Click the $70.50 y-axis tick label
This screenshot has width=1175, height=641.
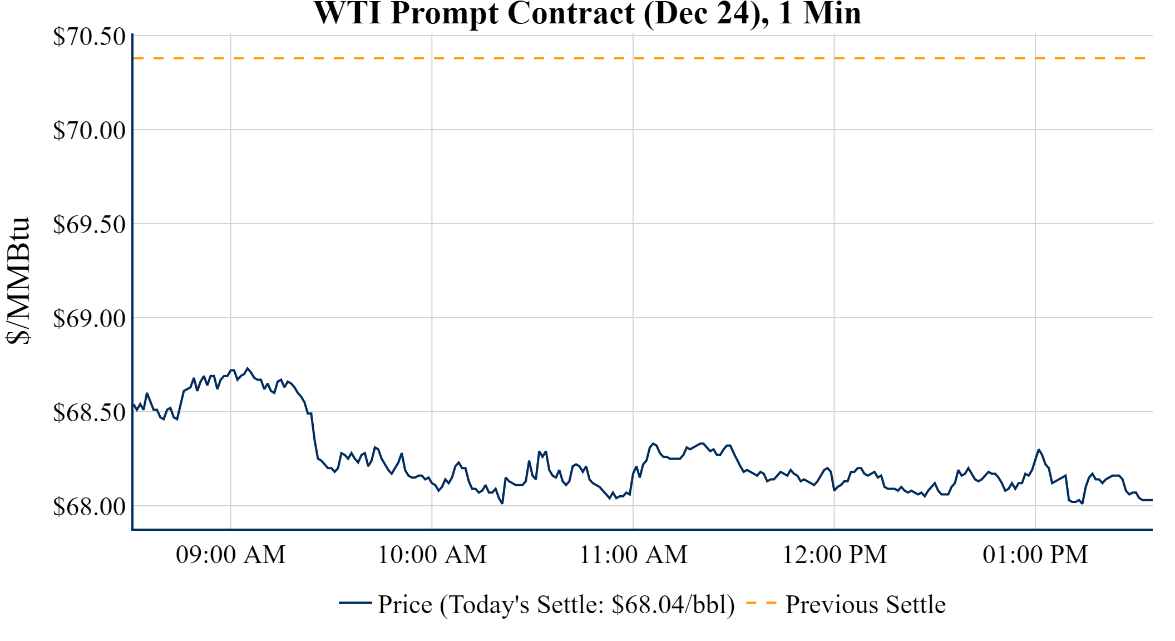[x=89, y=37]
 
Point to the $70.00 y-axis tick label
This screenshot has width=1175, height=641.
[x=89, y=131]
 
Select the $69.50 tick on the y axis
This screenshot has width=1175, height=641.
[x=89, y=225]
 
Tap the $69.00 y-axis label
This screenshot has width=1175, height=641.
[x=89, y=319]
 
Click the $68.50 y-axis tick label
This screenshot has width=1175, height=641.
[x=89, y=413]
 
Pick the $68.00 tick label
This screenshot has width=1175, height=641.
[x=89, y=507]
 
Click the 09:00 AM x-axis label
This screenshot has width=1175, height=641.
[x=231, y=555]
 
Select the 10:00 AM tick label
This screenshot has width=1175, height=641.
[x=432, y=555]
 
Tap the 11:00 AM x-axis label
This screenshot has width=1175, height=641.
[x=634, y=555]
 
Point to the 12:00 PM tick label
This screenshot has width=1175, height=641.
[x=835, y=555]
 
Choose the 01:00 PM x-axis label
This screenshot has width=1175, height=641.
[x=1035, y=555]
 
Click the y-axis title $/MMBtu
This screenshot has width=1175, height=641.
[x=18, y=281]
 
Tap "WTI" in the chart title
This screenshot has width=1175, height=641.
[x=348, y=13]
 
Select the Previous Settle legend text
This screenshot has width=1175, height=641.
[x=865, y=605]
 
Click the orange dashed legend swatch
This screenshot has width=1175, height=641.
[x=761, y=603]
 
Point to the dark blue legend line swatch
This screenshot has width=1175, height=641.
[x=355, y=603]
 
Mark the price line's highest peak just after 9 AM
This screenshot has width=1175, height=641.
[x=248, y=368]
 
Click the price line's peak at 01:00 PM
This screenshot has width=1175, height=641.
[x=1039, y=450]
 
